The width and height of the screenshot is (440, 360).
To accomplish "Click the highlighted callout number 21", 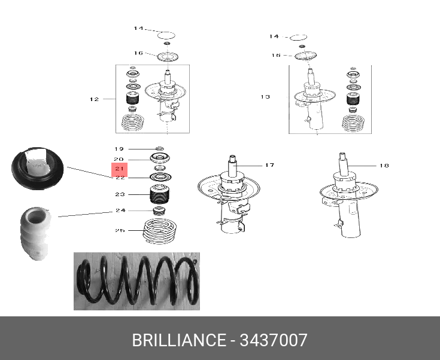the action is coord(119,169).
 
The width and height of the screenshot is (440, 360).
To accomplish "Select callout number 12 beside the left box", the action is coord(94,99).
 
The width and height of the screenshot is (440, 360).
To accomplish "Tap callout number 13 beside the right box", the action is coord(265,96).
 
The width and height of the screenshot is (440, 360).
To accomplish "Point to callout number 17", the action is coord(269,165).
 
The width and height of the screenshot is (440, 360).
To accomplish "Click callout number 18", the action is coord(384,165).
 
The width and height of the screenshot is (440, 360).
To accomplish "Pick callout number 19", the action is coord(119,149).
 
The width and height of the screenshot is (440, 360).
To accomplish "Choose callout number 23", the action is coord(120,194).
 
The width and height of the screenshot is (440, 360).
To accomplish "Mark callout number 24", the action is coord(120,210).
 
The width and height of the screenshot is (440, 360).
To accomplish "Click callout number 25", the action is coord(120,230).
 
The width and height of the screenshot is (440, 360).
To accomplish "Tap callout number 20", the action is coord(119,158).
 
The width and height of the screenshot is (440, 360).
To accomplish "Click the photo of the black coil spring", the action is coord(136,281).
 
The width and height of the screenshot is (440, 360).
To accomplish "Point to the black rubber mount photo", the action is coord(37,167).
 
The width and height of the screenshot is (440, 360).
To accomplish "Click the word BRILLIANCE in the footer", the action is coord(178,341).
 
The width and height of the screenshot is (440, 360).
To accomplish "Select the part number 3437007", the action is coord(274,341).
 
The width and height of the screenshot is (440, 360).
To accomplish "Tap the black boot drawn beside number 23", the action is coord(159,195).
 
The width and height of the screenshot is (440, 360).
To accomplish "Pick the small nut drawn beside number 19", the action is coord(159,148).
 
